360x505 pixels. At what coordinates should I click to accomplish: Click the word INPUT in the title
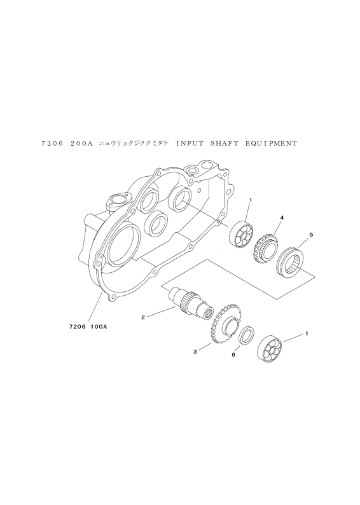click(x=190, y=144)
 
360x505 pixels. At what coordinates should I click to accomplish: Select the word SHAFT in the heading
click(x=225, y=144)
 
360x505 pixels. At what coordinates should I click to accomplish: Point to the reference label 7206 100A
click(x=87, y=326)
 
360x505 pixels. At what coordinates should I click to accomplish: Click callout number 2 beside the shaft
click(x=142, y=317)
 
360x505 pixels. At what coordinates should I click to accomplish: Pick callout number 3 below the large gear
click(x=195, y=352)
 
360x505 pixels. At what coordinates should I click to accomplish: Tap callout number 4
click(x=282, y=218)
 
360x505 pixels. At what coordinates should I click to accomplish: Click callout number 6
click(x=233, y=355)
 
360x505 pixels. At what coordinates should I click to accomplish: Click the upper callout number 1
click(x=251, y=200)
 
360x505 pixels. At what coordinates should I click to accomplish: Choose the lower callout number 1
click(x=307, y=334)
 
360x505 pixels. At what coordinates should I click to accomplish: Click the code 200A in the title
click(x=81, y=144)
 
